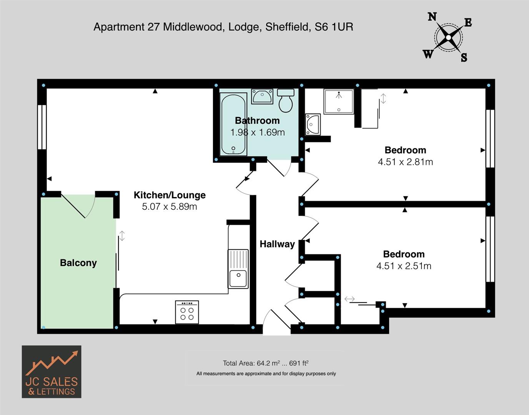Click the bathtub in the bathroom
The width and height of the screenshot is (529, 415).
pyautogui.click(x=234, y=124)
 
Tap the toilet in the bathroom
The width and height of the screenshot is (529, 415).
pyautogui.click(x=286, y=101)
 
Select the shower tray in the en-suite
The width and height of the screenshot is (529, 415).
pyautogui.click(x=338, y=102)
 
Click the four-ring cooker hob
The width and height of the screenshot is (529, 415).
pyautogui.click(x=187, y=312)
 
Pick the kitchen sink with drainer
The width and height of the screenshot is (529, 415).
pyautogui.click(x=238, y=269)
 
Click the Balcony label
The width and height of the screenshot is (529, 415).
pyautogui.click(x=78, y=263)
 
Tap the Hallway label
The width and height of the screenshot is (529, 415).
pyautogui.click(x=277, y=244)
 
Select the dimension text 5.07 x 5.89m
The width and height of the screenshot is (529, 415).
pyautogui.click(x=170, y=207)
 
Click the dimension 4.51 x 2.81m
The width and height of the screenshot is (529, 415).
pyautogui.click(x=405, y=162)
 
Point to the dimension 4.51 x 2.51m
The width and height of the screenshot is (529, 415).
pyautogui.click(x=404, y=266)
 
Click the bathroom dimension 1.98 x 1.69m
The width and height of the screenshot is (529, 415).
pyautogui.click(x=257, y=133)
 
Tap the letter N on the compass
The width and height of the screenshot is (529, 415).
pyautogui.click(x=432, y=17)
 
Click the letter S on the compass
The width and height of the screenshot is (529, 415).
pyautogui.click(x=464, y=58)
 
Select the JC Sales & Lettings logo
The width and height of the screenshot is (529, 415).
pyautogui.click(x=52, y=372)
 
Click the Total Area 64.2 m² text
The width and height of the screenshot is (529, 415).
pyautogui.click(x=265, y=363)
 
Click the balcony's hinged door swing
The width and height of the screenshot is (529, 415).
pyautogui.click(x=79, y=206)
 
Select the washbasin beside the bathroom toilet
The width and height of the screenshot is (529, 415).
pyautogui.click(x=262, y=96)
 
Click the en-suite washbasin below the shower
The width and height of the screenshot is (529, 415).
pyautogui.click(x=313, y=124)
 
